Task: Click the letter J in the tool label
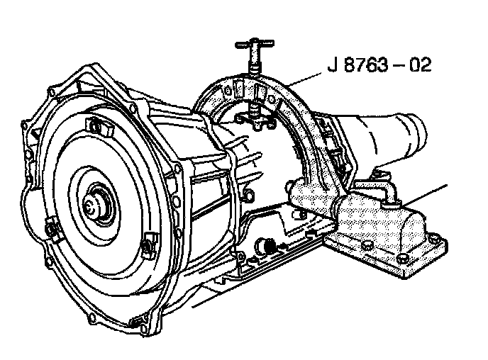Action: click(333, 65)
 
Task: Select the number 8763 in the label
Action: click(367, 65)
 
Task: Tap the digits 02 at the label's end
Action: click(420, 65)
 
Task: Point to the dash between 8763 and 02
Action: click(399, 66)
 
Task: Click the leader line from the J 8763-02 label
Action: click(305, 79)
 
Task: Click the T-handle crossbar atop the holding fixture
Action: click(255, 44)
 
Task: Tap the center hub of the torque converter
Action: click(91, 206)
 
